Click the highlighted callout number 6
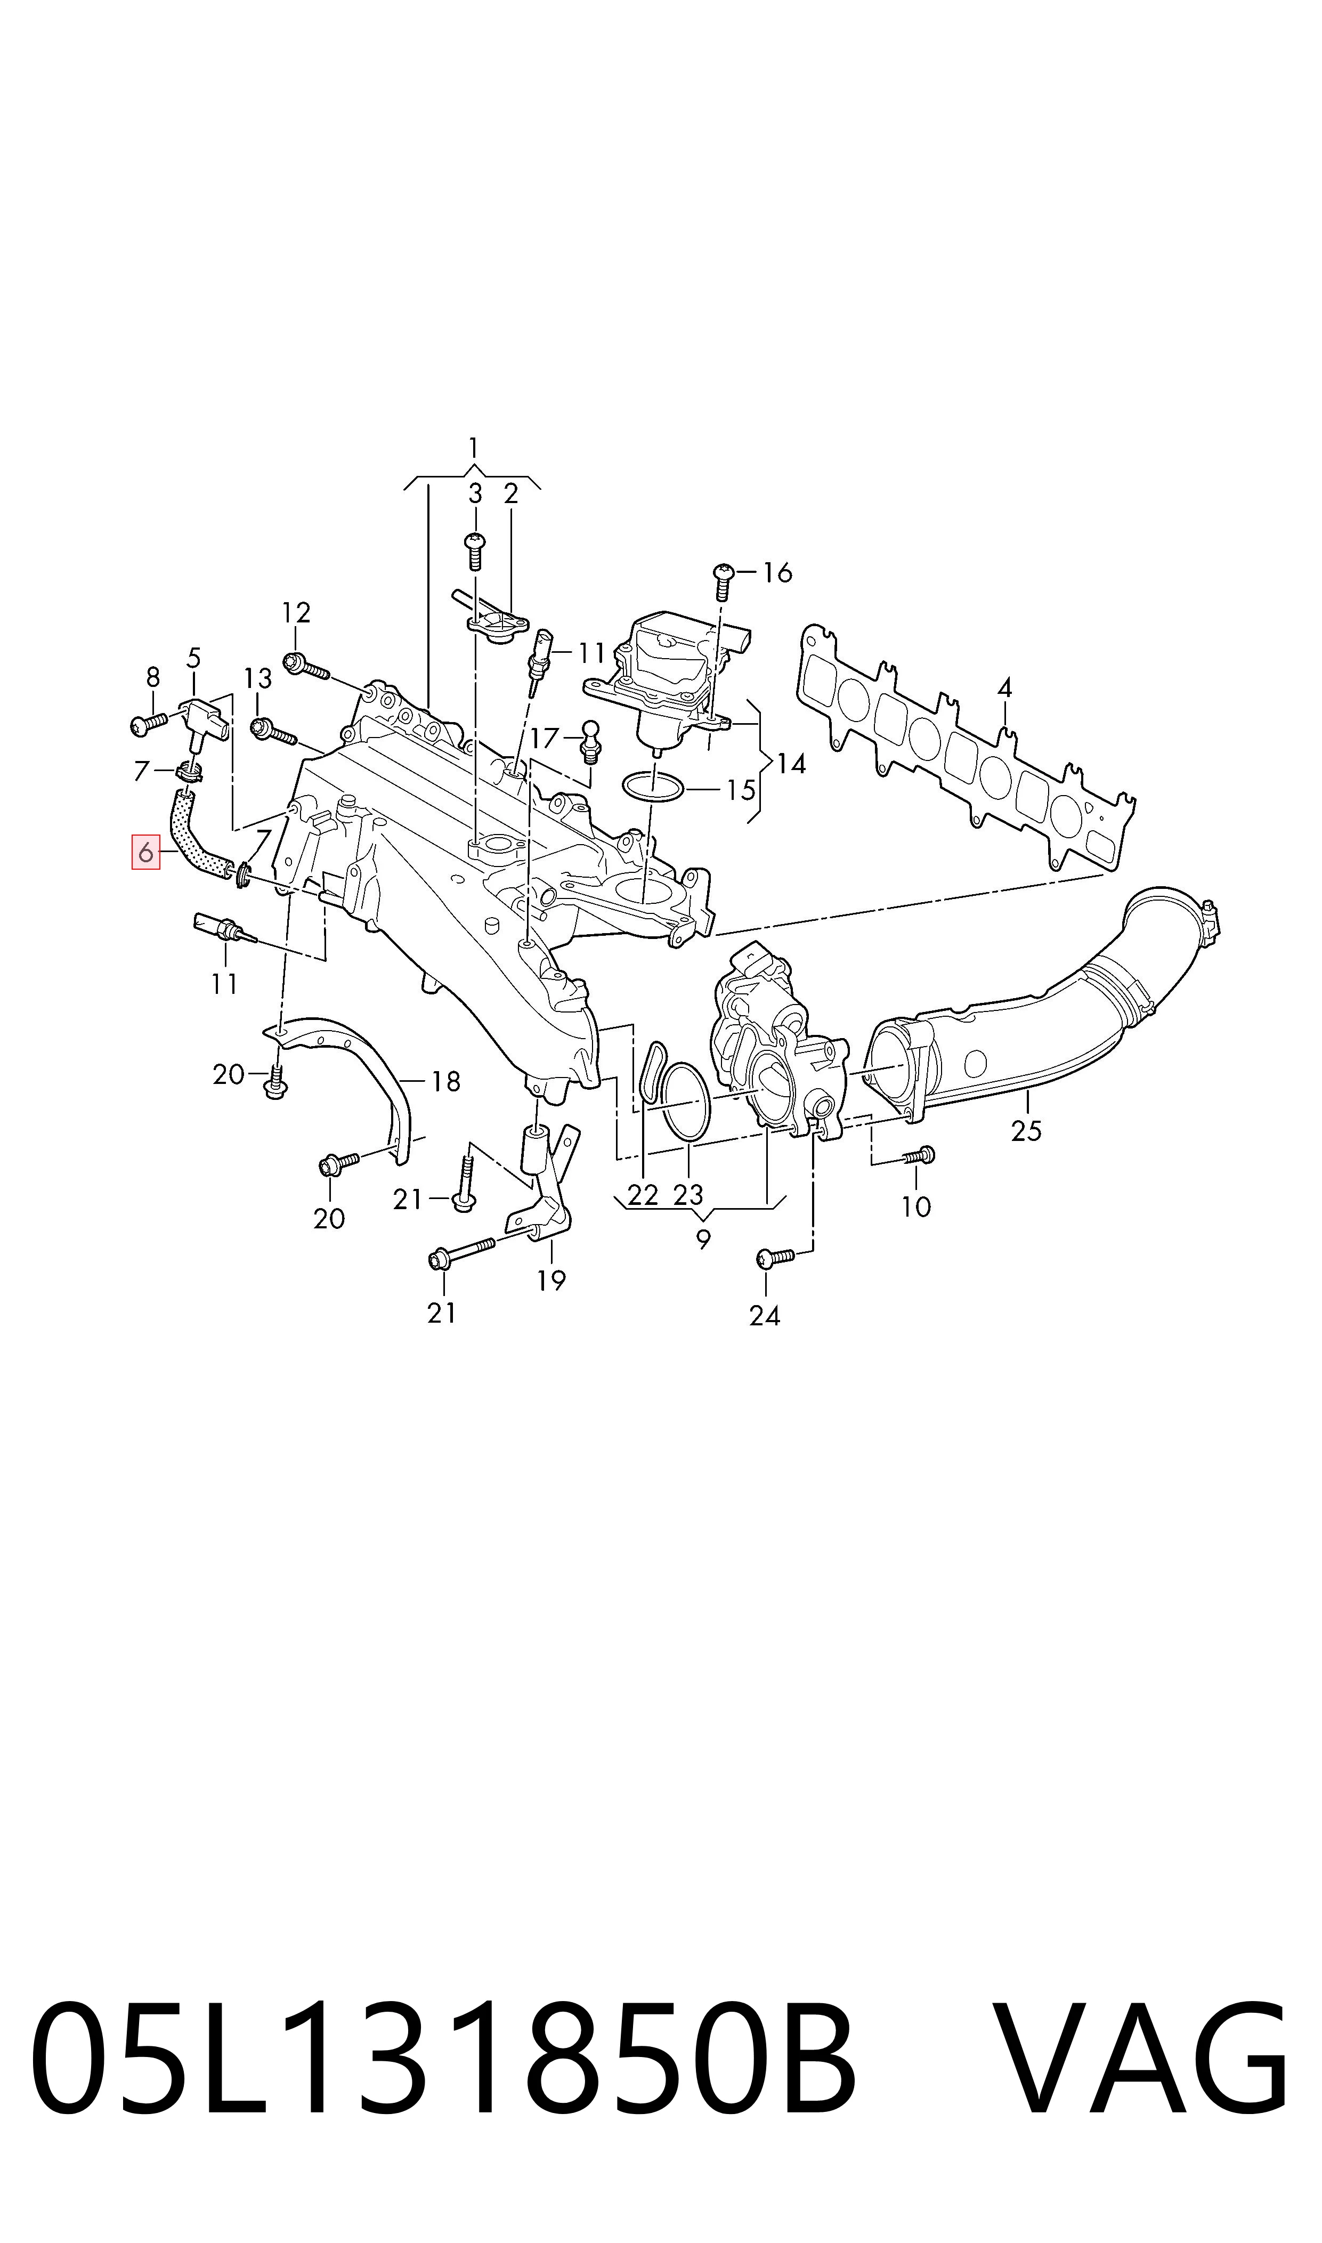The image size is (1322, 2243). pos(145,853)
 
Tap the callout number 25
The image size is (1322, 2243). pos(1026,1130)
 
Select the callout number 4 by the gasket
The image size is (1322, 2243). pos(1005,687)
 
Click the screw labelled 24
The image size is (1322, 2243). pos(774,1257)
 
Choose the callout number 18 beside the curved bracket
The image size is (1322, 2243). pos(445,1081)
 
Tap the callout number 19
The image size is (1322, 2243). pos(551,1280)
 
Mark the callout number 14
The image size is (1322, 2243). pos(790,764)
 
